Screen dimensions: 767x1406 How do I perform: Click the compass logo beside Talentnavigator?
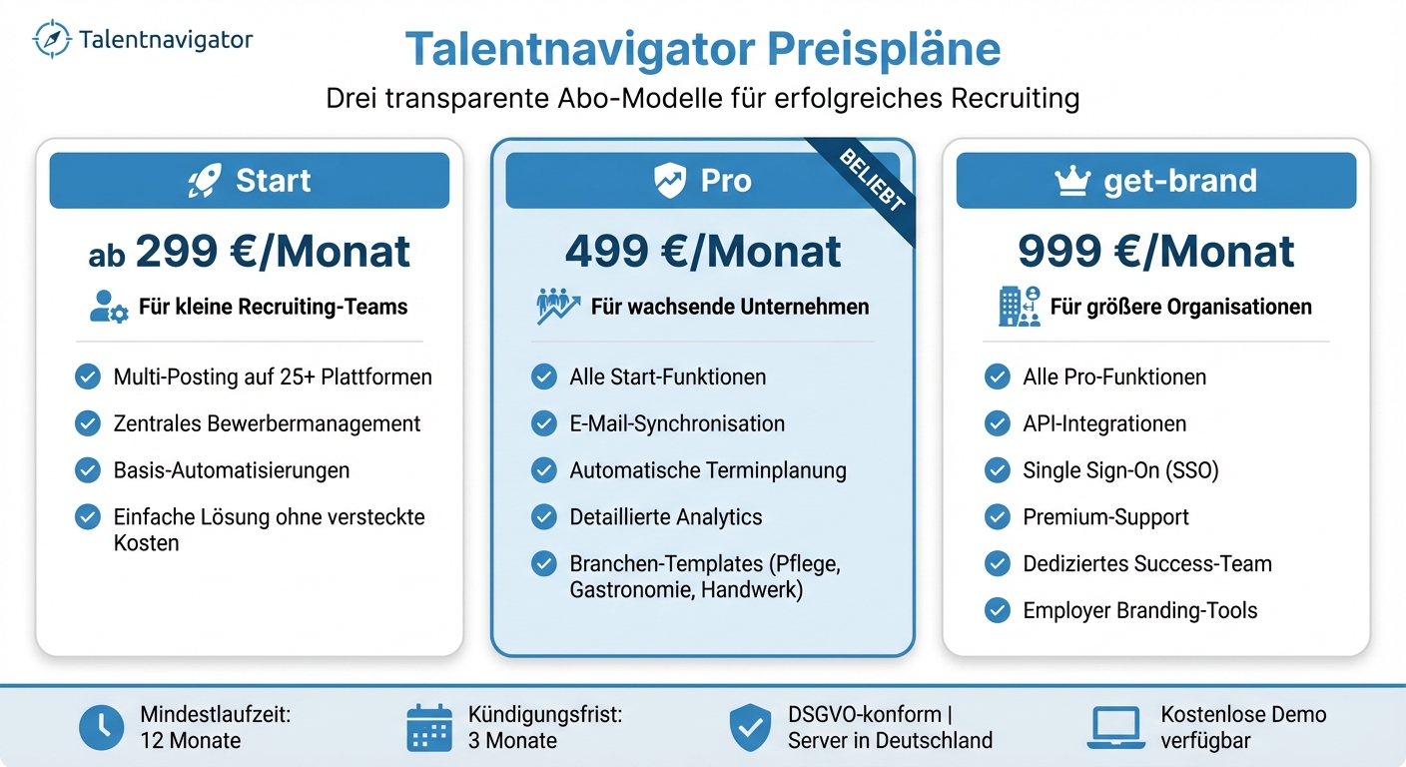click(52, 39)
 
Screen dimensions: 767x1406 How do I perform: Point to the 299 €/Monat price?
click(273, 252)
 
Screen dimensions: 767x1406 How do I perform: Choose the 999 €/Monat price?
click(1156, 252)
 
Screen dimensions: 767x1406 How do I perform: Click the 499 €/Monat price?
click(703, 252)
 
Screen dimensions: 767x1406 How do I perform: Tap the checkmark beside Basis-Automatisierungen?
click(88, 470)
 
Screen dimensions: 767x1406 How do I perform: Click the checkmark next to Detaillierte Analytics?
click(544, 517)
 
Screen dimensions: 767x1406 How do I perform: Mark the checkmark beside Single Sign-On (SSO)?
click(998, 470)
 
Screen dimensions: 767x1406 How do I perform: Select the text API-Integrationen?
click(1104, 423)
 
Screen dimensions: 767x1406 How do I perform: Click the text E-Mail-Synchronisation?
click(677, 423)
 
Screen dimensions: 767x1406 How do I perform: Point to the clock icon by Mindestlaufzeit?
click(102, 728)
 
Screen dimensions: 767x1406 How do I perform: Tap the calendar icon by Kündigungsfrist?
click(429, 728)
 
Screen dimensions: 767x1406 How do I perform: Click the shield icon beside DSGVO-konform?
click(750, 728)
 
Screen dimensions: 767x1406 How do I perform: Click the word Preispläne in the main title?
click(872, 50)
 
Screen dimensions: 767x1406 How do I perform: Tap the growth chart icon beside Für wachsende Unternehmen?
click(557, 307)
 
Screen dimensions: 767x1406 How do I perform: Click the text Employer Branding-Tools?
click(1140, 610)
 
